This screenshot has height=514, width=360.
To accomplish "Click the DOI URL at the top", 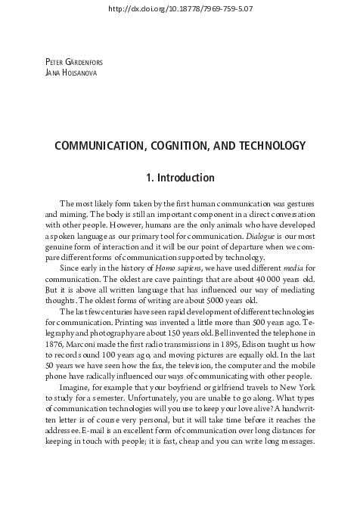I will coord(179,8).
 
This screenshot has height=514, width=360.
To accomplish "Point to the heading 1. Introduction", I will coord(180,178).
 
